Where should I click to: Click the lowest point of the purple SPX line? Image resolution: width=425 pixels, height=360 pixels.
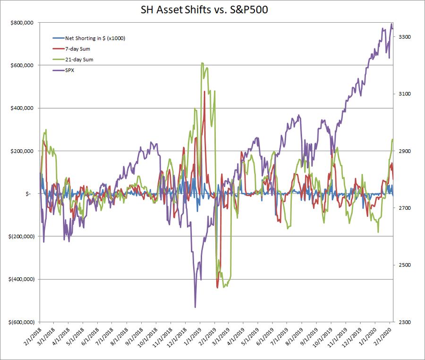[195, 307]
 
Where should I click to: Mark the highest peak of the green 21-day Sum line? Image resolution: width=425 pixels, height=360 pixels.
[202, 63]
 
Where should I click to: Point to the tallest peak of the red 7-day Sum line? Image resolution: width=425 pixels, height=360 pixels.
[204, 92]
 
